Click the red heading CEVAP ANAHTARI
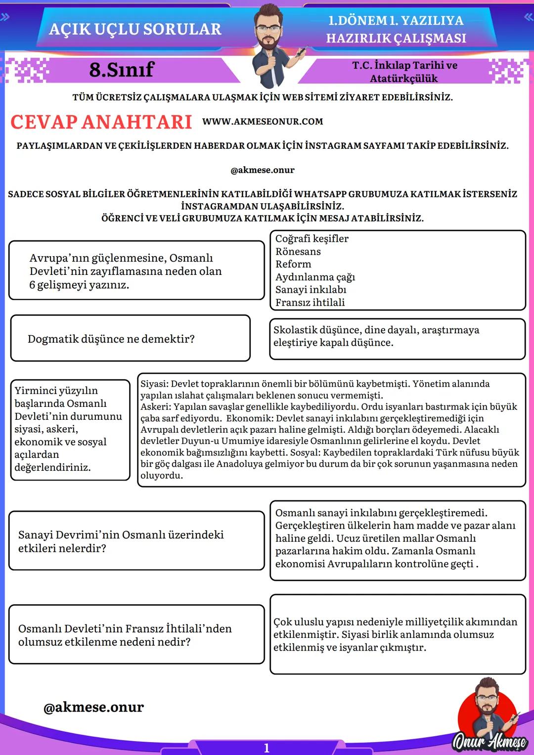click(101, 122)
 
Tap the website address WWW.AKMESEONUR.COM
click(263, 122)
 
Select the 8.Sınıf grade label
click(122, 70)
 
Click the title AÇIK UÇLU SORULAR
click(135, 29)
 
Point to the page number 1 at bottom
click(267, 748)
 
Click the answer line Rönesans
click(298, 252)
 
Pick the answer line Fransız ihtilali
click(310, 303)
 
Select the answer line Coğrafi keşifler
click(311, 239)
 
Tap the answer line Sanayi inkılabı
click(311, 290)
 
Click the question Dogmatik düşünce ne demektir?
click(111, 339)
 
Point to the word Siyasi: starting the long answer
click(154, 384)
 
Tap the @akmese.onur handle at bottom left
click(94, 708)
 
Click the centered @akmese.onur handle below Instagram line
click(262, 170)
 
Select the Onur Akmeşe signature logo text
click(489, 741)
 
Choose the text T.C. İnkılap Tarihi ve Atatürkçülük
click(404, 72)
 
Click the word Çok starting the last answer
click(283, 622)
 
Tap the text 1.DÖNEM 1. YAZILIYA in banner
click(396, 21)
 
